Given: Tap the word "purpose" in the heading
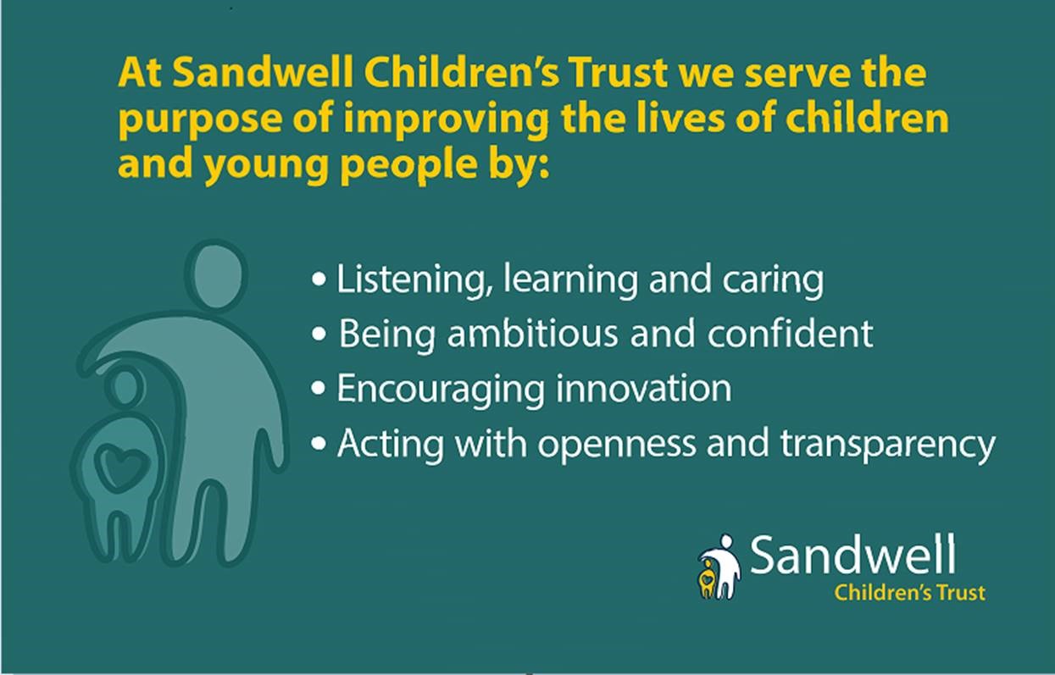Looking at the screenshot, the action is (x=200, y=119).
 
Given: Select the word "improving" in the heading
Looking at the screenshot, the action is (x=446, y=119).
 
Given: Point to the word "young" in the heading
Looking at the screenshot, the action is (x=265, y=165).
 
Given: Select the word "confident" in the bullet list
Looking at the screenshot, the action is (x=791, y=333).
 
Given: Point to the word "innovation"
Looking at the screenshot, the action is (x=644, y=389).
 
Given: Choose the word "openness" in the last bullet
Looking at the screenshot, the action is (x=617, y=444).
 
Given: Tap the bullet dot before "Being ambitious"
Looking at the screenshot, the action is (x=319, y=334).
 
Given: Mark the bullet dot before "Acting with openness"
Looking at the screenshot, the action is (x=319, y=444).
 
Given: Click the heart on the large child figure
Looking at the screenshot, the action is (x=119, y=466).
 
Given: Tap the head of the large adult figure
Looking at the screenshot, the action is (x=216, y=275).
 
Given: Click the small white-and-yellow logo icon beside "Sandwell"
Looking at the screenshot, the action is (x=719, y=567).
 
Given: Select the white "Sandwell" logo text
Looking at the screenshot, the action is (x=853, y=555).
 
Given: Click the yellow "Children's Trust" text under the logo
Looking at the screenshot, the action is (x=910, y=593).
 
